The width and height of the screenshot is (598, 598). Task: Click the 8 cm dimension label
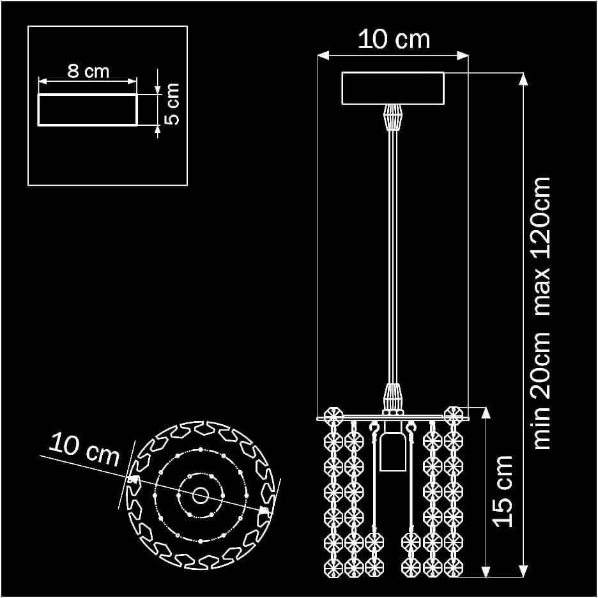point(88,72)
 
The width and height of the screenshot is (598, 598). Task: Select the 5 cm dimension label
point(172,103)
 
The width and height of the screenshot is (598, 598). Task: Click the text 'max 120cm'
point(542,247)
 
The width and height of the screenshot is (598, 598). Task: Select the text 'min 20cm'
point(542,390)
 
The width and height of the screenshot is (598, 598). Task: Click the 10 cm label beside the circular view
point(84,450)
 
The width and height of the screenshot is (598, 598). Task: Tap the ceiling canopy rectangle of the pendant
point(393,88)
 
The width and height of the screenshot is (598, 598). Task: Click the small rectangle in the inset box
point(88,109)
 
